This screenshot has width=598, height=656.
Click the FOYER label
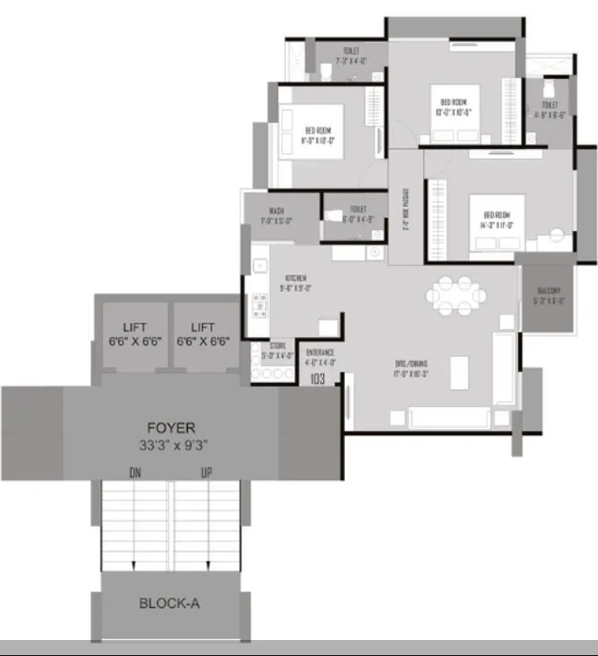[172, 428]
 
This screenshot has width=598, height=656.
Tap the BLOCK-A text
[169, 603]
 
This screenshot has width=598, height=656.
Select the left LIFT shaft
[134, 334]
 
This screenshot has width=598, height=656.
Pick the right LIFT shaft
[203, 334]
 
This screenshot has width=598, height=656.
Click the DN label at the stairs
[135, 473]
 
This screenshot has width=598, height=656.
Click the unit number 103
[318, 380]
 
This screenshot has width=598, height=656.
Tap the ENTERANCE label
[320, 352]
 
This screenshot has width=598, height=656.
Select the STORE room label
[278, 345]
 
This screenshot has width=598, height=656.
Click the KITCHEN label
[295, 278]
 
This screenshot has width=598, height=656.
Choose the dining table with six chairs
[456, 296]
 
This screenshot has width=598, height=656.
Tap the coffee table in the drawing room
[459, 370]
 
